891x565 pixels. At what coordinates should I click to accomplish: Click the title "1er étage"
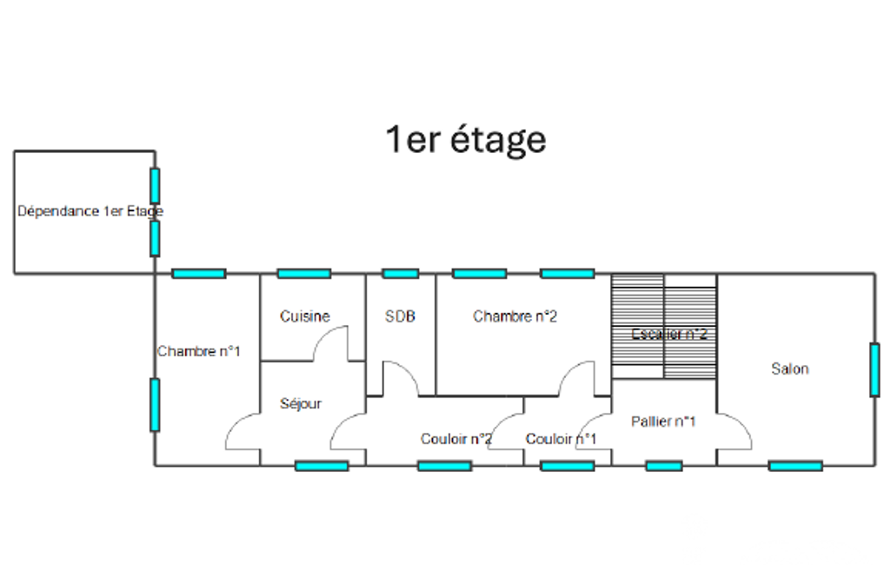[466, 139]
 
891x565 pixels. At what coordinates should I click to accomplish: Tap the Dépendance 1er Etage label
[90, 211]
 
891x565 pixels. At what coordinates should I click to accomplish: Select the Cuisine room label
[304, 316]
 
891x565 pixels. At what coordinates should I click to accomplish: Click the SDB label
[400, 316]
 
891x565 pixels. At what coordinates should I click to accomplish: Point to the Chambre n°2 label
[515, 316]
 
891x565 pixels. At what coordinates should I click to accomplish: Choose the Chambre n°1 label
[198, 351]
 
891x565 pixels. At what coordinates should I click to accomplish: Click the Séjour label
[301, 403]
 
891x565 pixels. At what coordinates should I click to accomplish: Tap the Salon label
[789, 369]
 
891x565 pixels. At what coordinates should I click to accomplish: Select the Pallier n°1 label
[663, 422]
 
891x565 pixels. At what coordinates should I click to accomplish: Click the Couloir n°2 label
[456, 439]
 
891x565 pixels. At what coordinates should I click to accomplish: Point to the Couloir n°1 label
[561, 439]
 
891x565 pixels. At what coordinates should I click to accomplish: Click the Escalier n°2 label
[668, 334]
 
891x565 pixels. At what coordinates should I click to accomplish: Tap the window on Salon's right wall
[874, 369]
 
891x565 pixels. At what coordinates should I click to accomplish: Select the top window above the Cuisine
[303, 273]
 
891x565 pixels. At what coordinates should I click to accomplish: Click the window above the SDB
[400, 273]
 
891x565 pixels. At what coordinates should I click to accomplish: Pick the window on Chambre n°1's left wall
[155, 404]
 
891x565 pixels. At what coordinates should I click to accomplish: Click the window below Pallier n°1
[663, 466]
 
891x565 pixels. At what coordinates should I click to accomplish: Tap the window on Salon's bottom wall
[795, 466]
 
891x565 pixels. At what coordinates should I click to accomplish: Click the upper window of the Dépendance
[155, 185]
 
